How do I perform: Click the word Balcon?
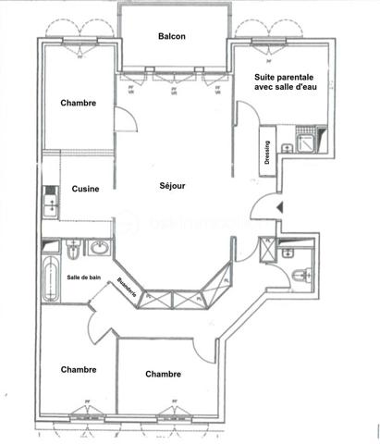[172, 36]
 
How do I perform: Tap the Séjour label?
[172, 185]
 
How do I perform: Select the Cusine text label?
[86, 189]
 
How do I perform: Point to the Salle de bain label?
[83, 277]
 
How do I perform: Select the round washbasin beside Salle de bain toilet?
[98, 248]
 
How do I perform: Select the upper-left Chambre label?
[79, 103]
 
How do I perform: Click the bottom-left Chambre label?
[79, 369]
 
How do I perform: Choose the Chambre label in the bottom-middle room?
[163, 374]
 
